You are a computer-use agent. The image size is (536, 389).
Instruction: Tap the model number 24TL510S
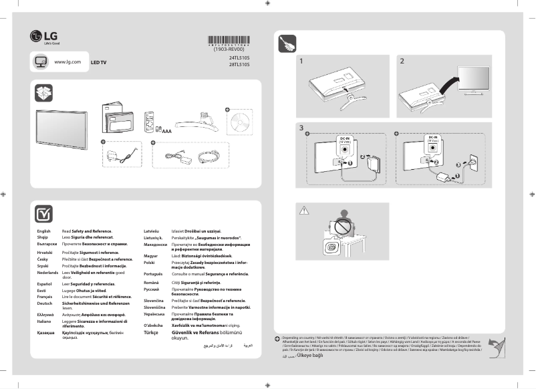pos(239,58)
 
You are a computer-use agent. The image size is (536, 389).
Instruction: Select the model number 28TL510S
pos(239,65)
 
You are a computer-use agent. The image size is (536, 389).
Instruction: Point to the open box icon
pos(43,92)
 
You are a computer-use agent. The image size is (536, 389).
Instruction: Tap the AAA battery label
pos(167,132)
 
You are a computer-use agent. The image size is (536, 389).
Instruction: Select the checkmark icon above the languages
pos(43,213)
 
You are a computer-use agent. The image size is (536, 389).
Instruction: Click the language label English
pos(43,231)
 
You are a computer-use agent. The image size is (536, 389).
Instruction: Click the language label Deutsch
pos(45,285)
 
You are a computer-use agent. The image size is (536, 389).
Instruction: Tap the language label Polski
pos(150,263)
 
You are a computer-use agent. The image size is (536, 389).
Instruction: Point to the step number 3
pos(302,127)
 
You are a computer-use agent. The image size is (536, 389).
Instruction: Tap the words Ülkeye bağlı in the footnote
pos(310,356)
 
